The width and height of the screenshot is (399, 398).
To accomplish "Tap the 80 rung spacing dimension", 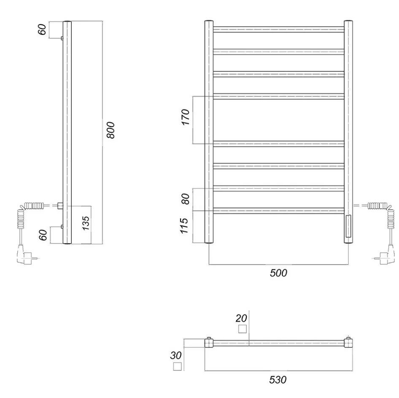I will [x=186, y=199].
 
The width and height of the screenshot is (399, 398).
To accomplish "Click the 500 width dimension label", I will [x=278, y=273].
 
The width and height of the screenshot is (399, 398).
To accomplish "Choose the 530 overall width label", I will [x=278, y=380].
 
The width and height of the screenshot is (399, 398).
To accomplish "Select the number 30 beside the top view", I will [x=176, y=355].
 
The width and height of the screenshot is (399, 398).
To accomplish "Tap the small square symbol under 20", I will [x=242, y=329].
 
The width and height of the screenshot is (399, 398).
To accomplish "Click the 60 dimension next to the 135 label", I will [x=43, y=234].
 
